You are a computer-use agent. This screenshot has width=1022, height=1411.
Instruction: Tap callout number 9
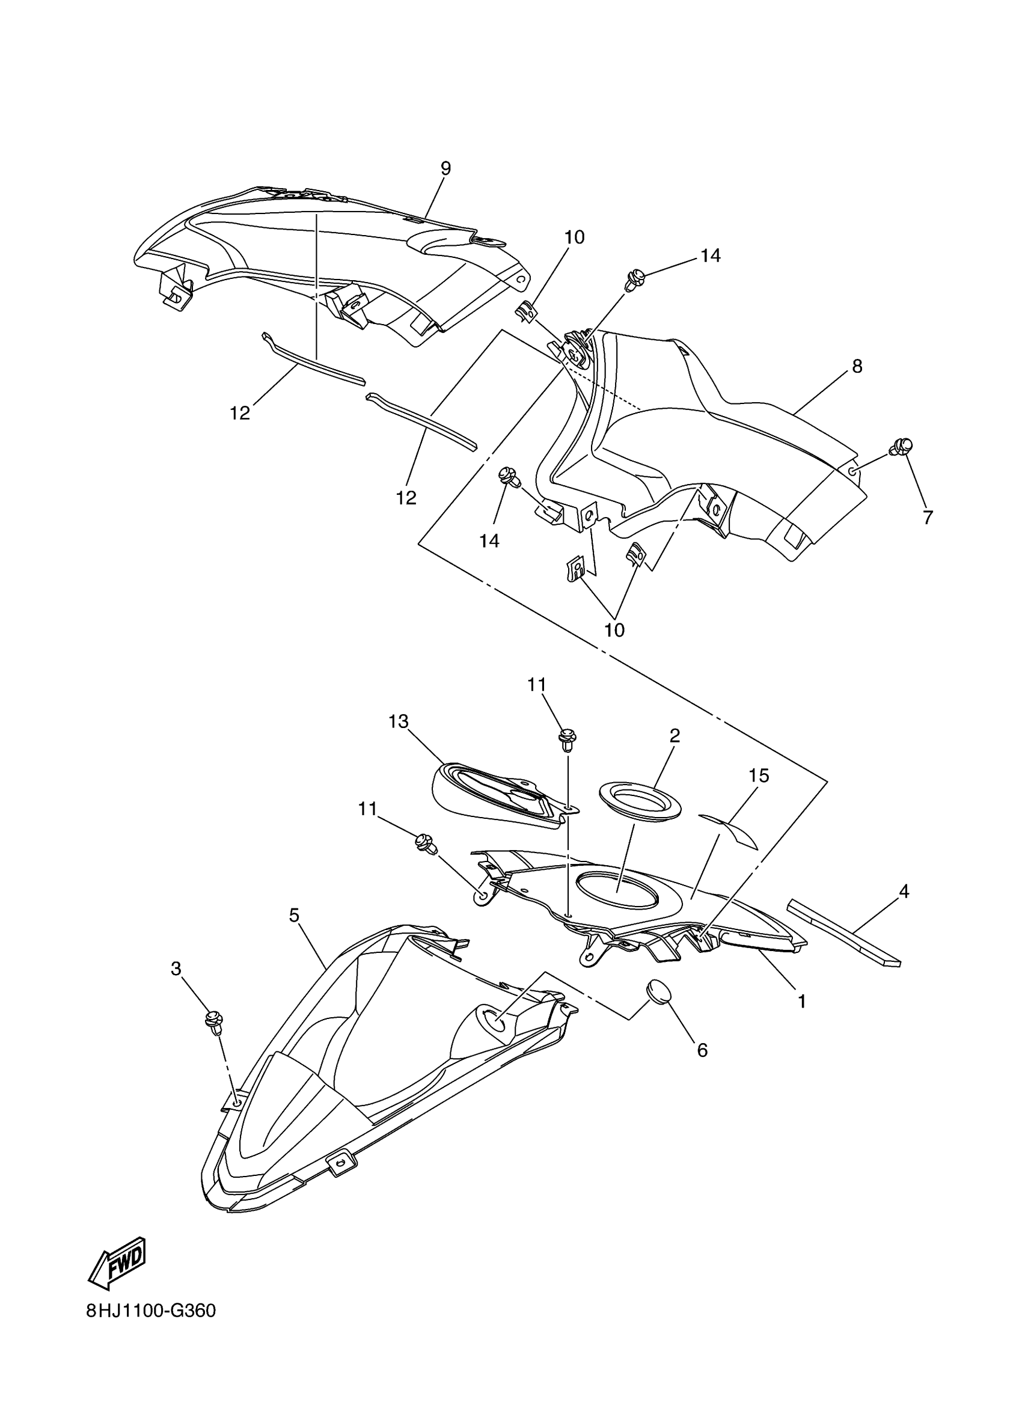(x=445, y=168)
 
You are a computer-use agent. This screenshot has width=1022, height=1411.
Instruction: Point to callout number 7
(x=928, y=517)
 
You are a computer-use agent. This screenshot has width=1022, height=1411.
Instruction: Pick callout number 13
(x=398, y=721)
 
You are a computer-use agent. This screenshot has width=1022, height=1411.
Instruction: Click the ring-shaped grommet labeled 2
(x=640, y=801)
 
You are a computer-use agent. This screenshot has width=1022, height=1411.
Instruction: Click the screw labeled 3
(x=213, y=1021)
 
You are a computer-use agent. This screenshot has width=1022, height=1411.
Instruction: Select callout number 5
(x=294, y=914)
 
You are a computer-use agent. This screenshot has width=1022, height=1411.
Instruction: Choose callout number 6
(x=702, y=1050)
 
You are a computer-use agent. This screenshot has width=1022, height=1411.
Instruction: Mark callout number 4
(x=904, y=892)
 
